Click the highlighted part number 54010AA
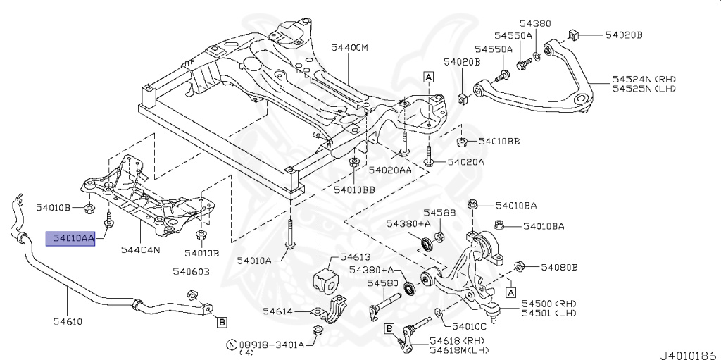(x=70, y=239)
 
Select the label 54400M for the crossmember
(x=350, y=48)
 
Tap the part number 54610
(x=65, y=323)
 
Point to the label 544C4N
(x=141, y=249)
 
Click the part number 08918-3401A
(x=271, y=345)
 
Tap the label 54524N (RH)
(x=644, y=79)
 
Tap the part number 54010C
(x=469, y=326)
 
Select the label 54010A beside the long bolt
(x=254, y=260)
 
